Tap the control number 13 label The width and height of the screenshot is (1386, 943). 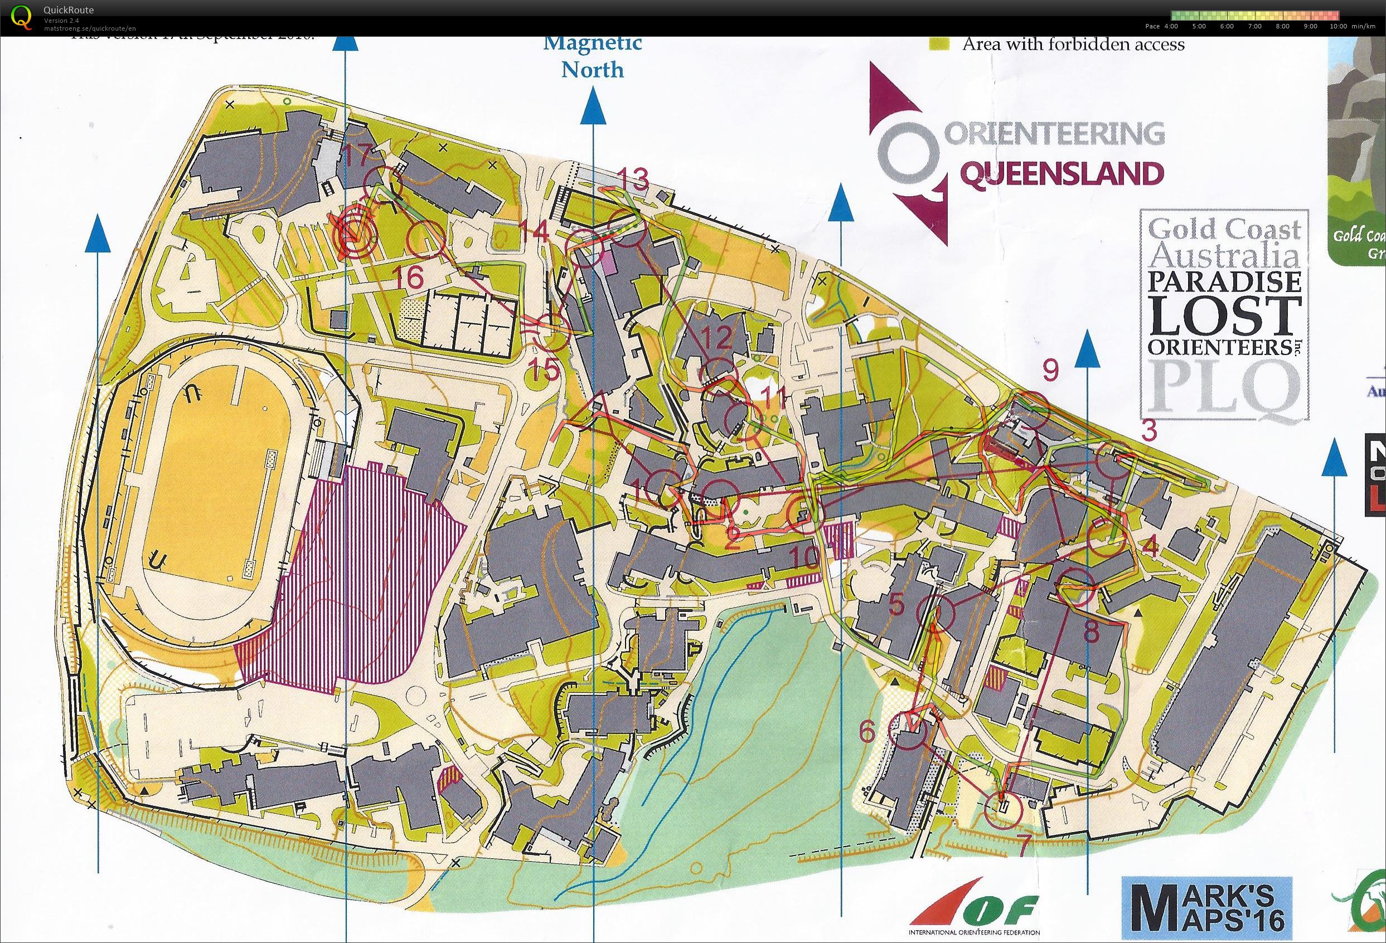[x=632, y=179]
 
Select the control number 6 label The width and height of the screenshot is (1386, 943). [x=868, y=731]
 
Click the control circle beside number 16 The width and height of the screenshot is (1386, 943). [x=426, y=240]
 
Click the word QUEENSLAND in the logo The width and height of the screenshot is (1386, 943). [x=1062, y=174]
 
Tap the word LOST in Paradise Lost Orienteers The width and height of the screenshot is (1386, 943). [x=1225, y=316]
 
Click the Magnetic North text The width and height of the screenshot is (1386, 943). [x=592, y=56]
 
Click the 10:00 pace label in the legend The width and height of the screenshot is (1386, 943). [x=1337, y=26]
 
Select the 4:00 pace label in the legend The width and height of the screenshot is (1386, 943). [x=1170, y=26]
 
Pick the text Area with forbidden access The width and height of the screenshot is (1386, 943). [x=1073, y=44]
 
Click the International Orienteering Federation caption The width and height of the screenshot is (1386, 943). [x=973, y=932]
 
